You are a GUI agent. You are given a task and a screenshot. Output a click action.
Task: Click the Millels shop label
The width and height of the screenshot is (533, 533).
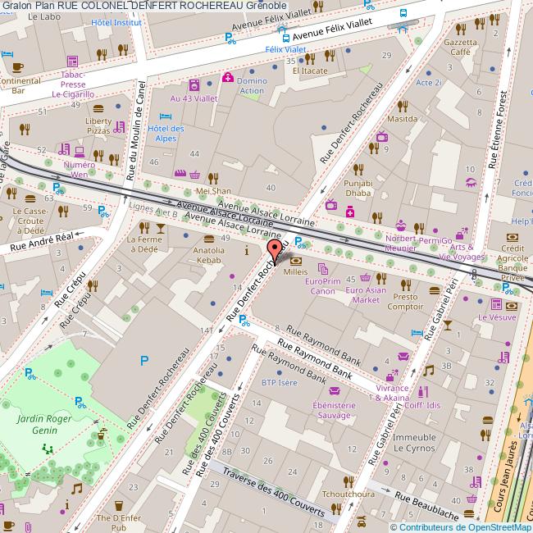[x=295, y=271]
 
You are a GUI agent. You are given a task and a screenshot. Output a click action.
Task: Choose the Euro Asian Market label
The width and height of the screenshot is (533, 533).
[x=367, y=294]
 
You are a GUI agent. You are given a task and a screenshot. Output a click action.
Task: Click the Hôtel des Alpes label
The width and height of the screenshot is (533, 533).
[x=166, y=133]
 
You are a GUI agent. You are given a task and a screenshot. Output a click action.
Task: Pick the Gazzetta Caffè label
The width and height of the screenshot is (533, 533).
[x=459, y=47]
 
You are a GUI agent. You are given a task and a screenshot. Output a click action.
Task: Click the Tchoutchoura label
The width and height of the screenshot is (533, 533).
[x=348, y=494]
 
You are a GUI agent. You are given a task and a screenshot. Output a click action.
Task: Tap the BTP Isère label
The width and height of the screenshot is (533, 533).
[x=279, y=382]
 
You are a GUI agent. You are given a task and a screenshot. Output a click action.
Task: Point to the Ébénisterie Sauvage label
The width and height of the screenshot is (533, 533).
[x=333, y=411]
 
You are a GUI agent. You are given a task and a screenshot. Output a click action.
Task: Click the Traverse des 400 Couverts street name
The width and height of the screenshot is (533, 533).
[x=274, y=490]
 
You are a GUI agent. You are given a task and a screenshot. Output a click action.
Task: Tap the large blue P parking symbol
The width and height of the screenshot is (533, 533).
[x=144, y=360]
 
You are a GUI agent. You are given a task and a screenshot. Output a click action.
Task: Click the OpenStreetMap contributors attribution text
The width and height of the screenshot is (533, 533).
[x=460, y=527]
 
